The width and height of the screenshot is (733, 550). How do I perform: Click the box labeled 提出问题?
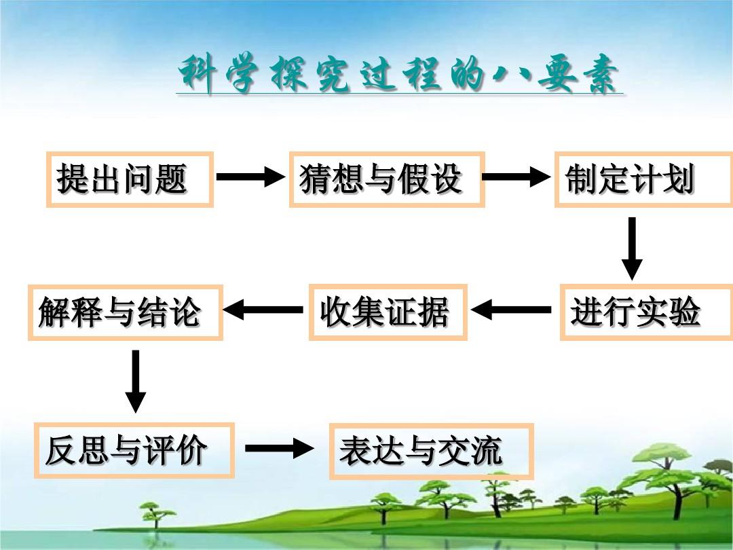tap(130, 179)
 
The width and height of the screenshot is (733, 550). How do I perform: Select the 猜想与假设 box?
tap(387, 179)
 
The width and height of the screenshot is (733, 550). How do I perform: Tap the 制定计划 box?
tap(643, 179)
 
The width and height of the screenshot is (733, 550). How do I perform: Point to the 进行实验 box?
tap(646, 312)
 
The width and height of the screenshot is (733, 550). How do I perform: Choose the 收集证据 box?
tap(388, 312)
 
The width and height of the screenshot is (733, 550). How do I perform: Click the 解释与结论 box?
tap(126, 312)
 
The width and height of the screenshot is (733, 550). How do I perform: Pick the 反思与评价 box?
tap(134, 450)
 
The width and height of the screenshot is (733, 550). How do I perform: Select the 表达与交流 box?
tap(431, 451)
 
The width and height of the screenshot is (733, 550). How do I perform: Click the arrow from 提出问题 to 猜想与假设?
tap(250, 177)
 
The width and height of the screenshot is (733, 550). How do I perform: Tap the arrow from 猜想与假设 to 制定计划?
tap(516, 177)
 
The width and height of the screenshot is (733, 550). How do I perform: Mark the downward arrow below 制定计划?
tap(632, 249)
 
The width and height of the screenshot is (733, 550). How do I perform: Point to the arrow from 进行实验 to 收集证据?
tap(511, 310)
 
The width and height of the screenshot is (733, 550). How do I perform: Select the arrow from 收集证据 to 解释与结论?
tap(263, 310)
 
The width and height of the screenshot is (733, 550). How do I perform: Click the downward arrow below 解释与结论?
tap(136, 382)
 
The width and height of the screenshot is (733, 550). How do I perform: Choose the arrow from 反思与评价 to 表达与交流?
tap(280, 449)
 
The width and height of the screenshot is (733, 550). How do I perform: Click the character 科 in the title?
tap(198, 73)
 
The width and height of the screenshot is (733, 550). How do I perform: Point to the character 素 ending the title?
tap(600, 74)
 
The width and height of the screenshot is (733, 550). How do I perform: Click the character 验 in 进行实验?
tap(684, 312)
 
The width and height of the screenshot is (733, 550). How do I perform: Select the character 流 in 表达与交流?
tap(487, 451)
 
